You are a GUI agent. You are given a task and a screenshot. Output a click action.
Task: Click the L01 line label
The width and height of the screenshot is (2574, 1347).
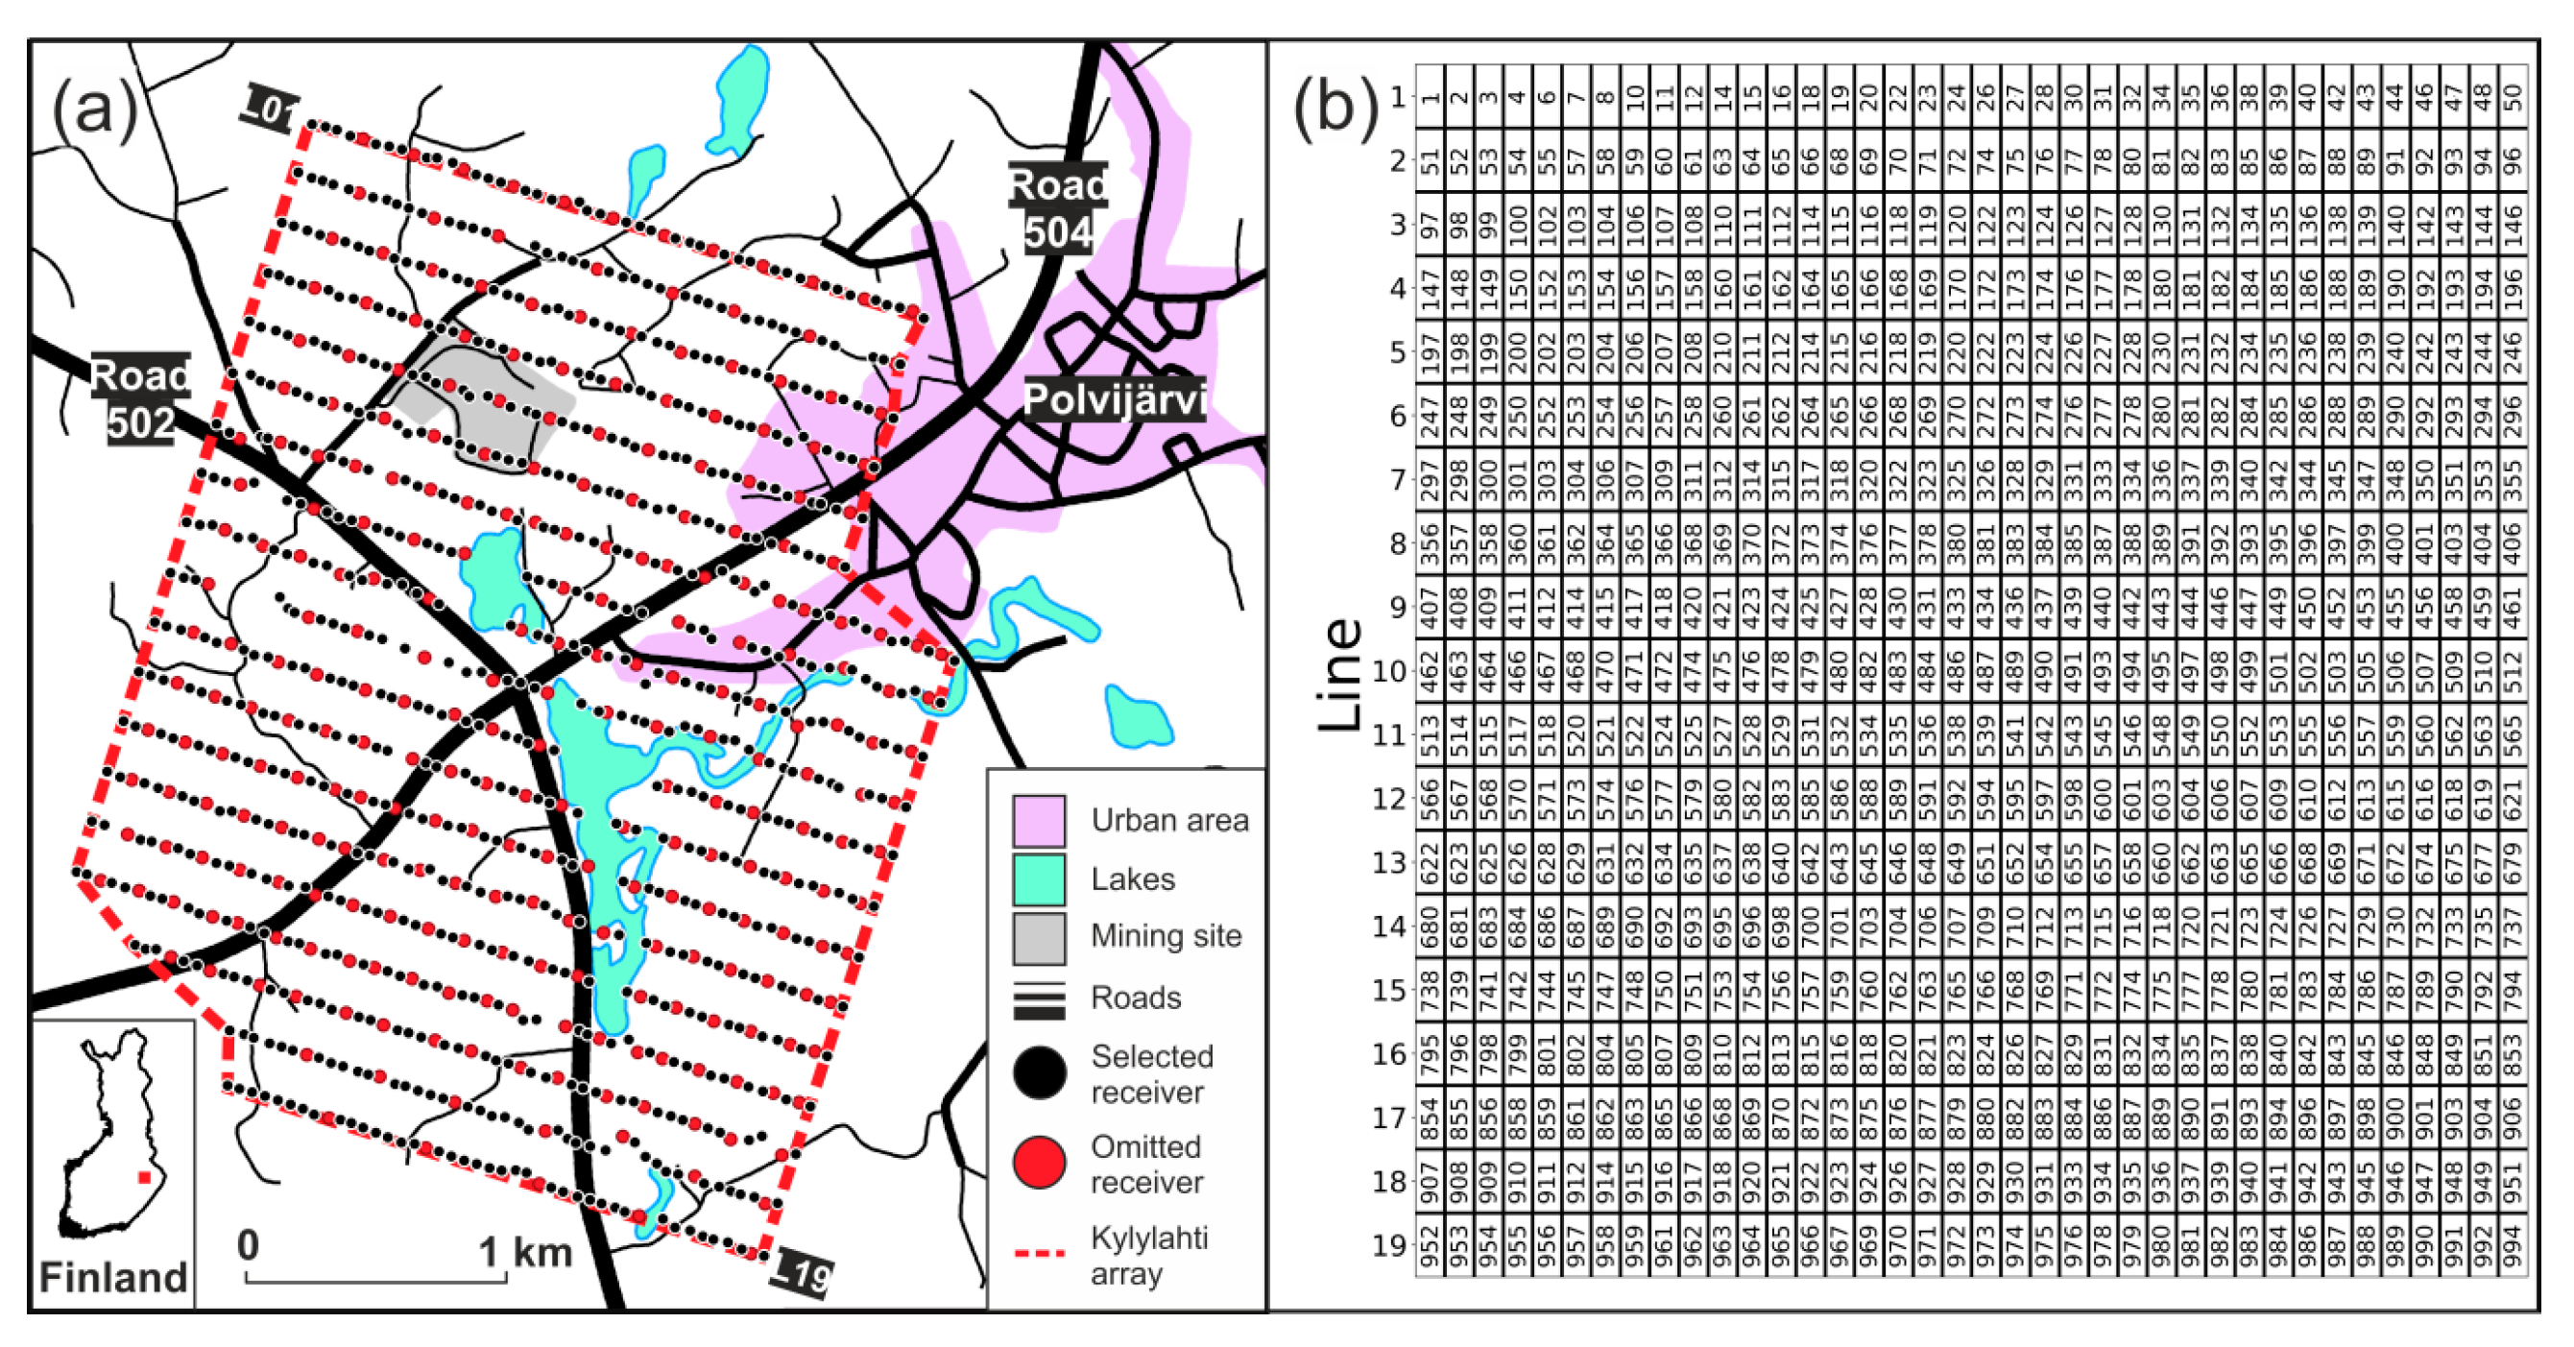pos(268,108)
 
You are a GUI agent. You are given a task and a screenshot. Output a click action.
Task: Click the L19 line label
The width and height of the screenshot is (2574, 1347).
pos(804,1274)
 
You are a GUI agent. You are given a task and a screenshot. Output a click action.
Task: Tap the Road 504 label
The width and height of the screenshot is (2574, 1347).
pos(1057,207)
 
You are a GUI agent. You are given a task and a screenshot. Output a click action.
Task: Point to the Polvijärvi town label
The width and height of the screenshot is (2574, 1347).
pos(1114,399)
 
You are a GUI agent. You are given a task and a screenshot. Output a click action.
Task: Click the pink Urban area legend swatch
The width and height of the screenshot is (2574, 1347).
pos(1038,820)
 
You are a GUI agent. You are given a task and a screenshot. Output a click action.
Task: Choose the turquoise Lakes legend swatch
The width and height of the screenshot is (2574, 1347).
pos(1038,878)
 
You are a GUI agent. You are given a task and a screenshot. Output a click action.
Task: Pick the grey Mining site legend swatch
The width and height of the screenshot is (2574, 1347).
pos(1038,937)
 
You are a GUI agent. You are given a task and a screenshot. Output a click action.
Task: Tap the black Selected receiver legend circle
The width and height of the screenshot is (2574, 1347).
pos(1038,1073)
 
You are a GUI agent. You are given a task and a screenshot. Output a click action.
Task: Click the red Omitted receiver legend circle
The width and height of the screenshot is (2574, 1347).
pos(1038,1162)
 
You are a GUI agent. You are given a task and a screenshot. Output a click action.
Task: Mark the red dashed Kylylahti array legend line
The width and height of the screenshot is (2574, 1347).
pos(1039,1252)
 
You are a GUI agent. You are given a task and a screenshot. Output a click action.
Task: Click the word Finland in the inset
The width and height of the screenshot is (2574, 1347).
pos(113,1277)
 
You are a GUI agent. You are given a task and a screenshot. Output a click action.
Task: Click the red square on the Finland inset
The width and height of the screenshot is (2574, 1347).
pos(144,1178)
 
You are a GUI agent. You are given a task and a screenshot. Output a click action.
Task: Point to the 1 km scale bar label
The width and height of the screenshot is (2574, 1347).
pos(524,1251)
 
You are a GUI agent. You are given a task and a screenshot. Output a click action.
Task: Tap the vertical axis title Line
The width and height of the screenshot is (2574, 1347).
pos(1339,674)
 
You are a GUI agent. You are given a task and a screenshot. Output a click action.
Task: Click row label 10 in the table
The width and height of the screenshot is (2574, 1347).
pos(1388,670)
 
